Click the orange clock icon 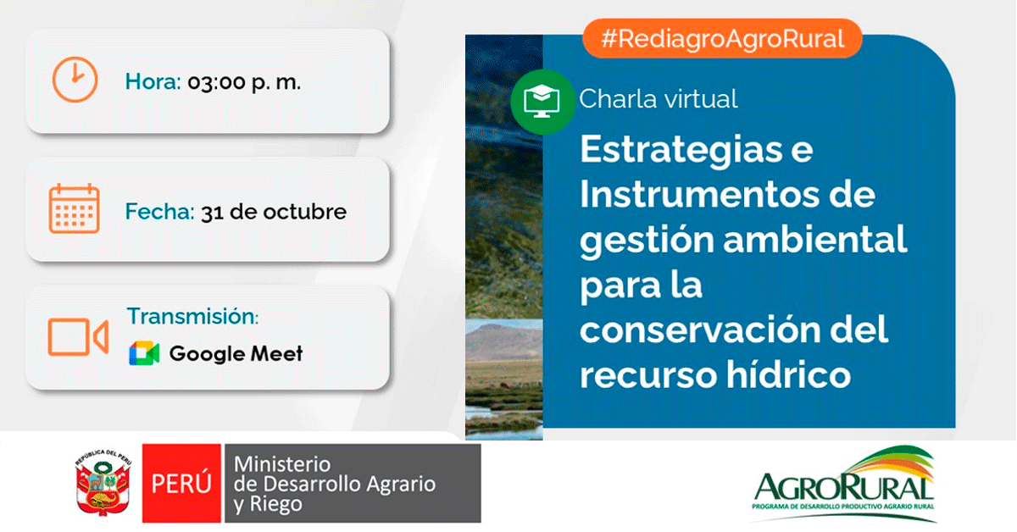pyautogui.click(x=75, y=80)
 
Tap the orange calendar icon pyautogui.click(x=74, y=208)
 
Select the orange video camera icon pyautogui.click(x=78, y=336)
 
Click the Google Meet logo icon pyautogui.click(x=144, y=353)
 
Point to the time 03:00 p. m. pyautogui.click(x=244, y=83)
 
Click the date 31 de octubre pyautogui.click(x=274, y=212)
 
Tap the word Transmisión pyautogui.click(x=192, y=316)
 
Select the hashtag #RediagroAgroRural pyautogui.click(x=722, y=39)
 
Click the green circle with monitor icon pyautogui.click(x=542, y=102)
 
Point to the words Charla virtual pyautogui.click(x=659, y=99)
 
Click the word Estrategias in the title pyautogui.click(x=681, y=151)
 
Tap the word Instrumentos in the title pyautogui.click(x=700, y=194)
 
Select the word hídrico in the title pyautogui.click(x=788, y=374)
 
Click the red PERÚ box pyautogui.click(x=181, y=483)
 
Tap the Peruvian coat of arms pyautogui.click(x=103, y=483)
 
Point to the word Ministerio pyautogui.click(x=282, y=464)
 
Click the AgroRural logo pyautogui.click(x=843, y=484)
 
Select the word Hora pyautogui.click(x=153, y=82)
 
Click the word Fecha pyautogui.click(x=159, y=212)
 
